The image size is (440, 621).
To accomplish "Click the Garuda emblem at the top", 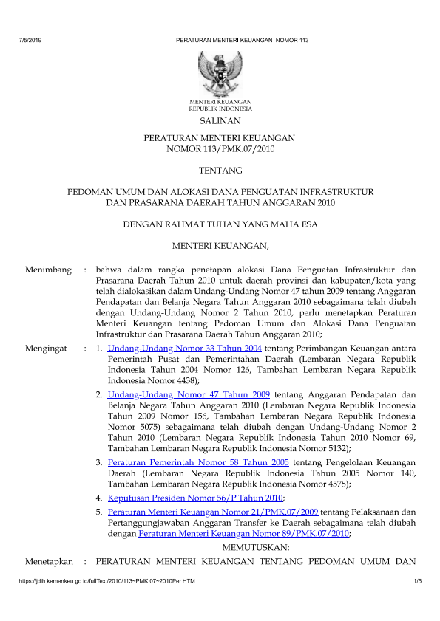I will pos(220,74).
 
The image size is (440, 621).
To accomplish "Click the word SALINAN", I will pos(220,120).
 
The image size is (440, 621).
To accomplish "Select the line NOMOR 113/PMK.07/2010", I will pos(220,149).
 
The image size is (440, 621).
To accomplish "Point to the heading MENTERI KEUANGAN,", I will pos(220,244).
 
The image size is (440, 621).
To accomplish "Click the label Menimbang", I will pos(49,270).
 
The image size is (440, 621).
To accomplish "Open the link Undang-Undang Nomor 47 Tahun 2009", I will pos(189,395).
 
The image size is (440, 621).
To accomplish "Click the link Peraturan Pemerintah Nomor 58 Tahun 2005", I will pos(198,462).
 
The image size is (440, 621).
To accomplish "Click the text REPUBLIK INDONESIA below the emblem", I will pos(220,108).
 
